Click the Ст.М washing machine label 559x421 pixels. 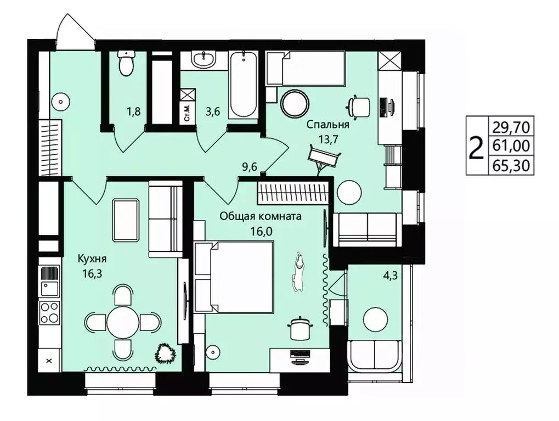188,113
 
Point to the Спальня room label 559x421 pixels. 328,125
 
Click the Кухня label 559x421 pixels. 92,259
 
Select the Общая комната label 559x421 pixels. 261,216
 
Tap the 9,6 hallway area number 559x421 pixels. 250,167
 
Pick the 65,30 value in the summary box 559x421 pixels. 511,166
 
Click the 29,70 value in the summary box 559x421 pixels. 511,127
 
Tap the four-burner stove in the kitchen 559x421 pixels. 49,312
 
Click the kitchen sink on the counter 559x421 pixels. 49,288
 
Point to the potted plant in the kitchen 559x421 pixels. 166,353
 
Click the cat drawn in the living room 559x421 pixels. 298,272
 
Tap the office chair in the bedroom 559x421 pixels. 359,106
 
